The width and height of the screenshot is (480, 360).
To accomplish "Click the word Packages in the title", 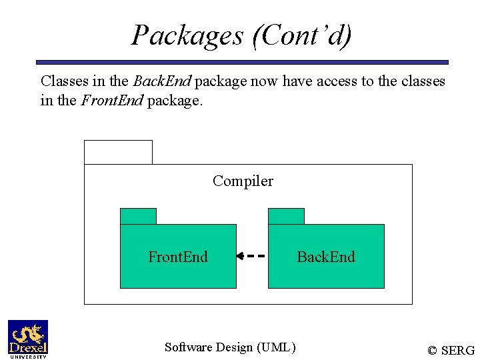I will point(187,35).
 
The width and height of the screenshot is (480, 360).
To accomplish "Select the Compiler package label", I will point(243,181).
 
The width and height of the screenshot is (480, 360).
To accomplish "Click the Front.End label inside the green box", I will point(178,257).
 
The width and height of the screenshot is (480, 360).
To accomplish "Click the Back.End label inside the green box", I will point(326,257).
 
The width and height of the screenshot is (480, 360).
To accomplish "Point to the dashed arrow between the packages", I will point(252,255).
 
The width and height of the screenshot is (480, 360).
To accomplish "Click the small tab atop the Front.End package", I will point(138,216).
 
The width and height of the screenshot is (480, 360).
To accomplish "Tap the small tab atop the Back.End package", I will point(286,216).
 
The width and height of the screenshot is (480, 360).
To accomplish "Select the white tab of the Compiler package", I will point(118,152).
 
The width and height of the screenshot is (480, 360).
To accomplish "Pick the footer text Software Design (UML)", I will point(230,347).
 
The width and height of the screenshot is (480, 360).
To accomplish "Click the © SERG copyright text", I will point(451,351).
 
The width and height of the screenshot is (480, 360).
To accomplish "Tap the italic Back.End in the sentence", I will point(162,81).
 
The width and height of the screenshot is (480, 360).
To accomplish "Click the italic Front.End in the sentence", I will point(111,101).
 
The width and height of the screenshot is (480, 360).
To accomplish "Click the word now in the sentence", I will point(263,81).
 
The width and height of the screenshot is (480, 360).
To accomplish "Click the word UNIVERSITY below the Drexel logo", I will point(27,357).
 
